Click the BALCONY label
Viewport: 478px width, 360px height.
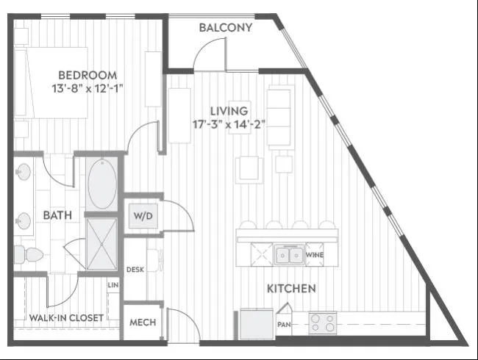pyautogui.click(x=226, y=28)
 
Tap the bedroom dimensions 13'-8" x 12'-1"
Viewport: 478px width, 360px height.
pyautogui.click(x=88, y=89)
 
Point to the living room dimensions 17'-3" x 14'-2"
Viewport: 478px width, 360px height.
pyautogui.click(x=229, y=124)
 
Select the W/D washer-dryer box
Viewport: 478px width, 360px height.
pyautogui.click(x=143, y=216)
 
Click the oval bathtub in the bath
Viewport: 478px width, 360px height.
pyautogui.click(x=102, y=184)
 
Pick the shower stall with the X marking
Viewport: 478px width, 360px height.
pyautogui.click(x=101, y=244)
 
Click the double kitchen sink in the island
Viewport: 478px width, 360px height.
pyautogui.click(x=289, y=255)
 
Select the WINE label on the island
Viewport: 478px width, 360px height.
pyautogui.click(x=315, y=255)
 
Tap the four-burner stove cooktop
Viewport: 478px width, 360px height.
pyautogui.click(x=323, y=323)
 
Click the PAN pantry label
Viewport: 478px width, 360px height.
pyautogui.click(x=284, y=325)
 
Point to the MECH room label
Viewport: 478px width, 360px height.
pyautogui.click(x=143, y=323)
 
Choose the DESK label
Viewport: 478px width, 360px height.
pyautogui.click(x=135, y=270)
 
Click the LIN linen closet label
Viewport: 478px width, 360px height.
pyautogui.click(x=113, y=285)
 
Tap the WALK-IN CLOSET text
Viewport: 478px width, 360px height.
pyautogui.click(x=66, y=318)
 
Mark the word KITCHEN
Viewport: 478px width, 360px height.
pyautogui.click(x=291, y=289)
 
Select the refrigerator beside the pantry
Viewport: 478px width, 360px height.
pyautogui.click(x=257, y=324)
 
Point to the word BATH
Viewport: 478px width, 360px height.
pyautogui.click(x=57, y=215)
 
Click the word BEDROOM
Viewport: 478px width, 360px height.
pyautogui.click(x=88, y=75)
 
